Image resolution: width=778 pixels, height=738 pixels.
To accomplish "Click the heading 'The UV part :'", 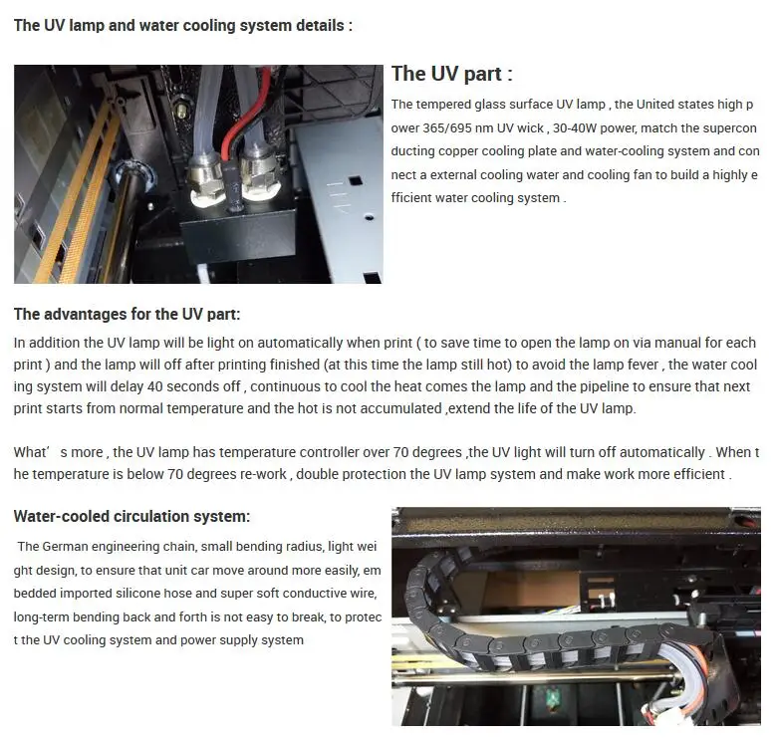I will click(451, 74).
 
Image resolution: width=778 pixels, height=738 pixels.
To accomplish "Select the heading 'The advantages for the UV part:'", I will click(127, 315).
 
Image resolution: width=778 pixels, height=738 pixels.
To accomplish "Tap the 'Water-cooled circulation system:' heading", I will click(131, 517).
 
